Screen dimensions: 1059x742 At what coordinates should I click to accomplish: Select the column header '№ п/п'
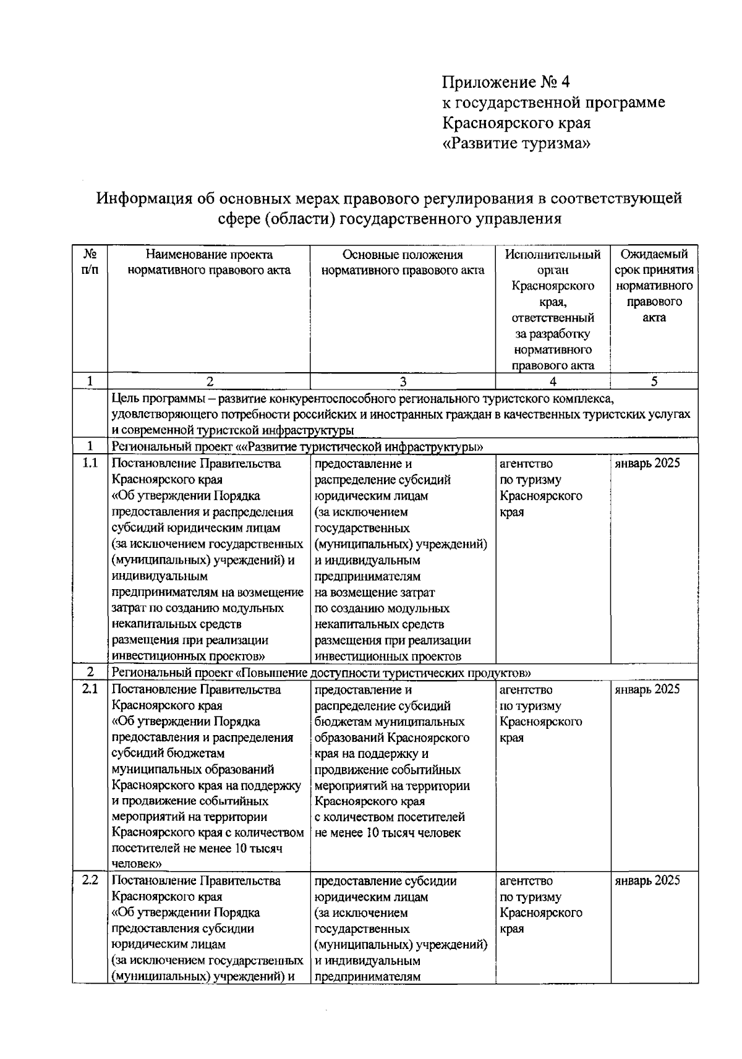(90, 262)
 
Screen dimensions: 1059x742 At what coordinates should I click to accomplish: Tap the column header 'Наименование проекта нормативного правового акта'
(209, 262)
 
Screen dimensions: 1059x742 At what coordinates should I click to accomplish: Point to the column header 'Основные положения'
(403, 255)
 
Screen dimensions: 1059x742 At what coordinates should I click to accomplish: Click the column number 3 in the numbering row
(403, 381)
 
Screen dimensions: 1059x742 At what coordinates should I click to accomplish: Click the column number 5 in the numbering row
(654, 381)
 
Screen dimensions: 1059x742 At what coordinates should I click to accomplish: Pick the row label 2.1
(90, 689)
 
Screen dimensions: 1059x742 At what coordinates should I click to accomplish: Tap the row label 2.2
(90, 880)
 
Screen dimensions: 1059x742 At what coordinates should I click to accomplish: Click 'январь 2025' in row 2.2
(647, 880)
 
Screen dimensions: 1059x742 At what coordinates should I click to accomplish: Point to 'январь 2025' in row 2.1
(647, 689)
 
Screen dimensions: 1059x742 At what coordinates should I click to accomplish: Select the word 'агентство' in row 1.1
(526, 464)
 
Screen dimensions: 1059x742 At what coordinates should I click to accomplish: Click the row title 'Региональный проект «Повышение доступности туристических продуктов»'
(322, 673)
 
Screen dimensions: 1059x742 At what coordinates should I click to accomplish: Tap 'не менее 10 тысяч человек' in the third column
(388, 833)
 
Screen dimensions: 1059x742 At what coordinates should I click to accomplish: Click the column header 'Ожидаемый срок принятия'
(654, 262)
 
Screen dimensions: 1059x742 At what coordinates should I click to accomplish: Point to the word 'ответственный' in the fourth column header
(553, 318)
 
